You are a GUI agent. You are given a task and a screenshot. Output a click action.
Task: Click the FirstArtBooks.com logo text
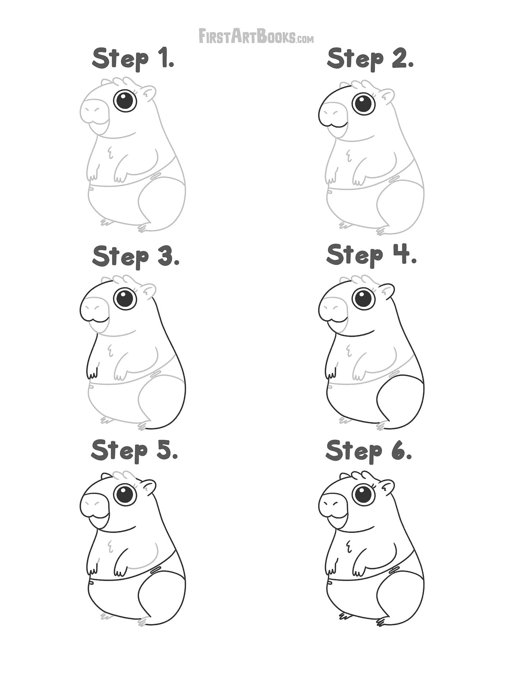pos(256,36)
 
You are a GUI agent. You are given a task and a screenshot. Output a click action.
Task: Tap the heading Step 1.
pos(133,59)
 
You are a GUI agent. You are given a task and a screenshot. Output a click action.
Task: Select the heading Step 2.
pos(370,59)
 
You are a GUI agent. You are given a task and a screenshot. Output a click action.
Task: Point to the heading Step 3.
pos(136,257)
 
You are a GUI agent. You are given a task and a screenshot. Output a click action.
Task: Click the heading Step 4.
pos(371,255)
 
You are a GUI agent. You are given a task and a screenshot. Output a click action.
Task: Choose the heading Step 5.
pos(135,451)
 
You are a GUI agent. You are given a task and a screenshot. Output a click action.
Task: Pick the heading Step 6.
pos(369,451)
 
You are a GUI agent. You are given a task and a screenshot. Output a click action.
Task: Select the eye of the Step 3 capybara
pos(125,298)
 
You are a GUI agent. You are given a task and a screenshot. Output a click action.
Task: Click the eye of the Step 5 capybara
pos(125,494)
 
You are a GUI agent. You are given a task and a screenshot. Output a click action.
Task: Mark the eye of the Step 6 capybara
pos(364,494)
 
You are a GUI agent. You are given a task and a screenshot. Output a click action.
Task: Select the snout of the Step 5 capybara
pos(94,505)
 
